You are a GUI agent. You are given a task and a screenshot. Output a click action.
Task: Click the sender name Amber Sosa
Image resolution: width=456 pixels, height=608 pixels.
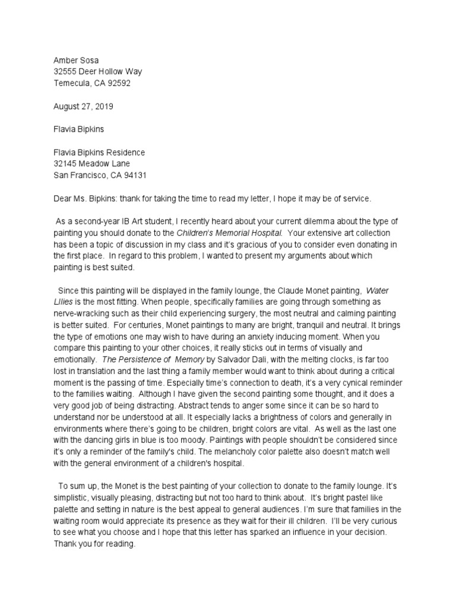coord(77,61)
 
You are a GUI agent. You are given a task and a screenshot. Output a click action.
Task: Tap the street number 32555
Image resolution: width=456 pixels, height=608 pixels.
coord(66,72)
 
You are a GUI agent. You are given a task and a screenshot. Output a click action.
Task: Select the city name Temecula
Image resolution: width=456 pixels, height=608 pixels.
coord(74,83)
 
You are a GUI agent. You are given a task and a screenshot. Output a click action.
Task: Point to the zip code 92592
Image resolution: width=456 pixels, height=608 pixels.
coord(118,83)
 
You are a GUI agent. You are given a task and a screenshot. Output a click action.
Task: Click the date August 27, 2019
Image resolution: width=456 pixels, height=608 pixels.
coord(83,107)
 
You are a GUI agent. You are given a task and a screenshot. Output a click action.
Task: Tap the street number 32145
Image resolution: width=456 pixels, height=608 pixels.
coord(66,164)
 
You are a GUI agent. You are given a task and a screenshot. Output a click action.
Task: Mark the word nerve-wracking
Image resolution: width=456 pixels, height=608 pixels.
coord(81,314)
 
